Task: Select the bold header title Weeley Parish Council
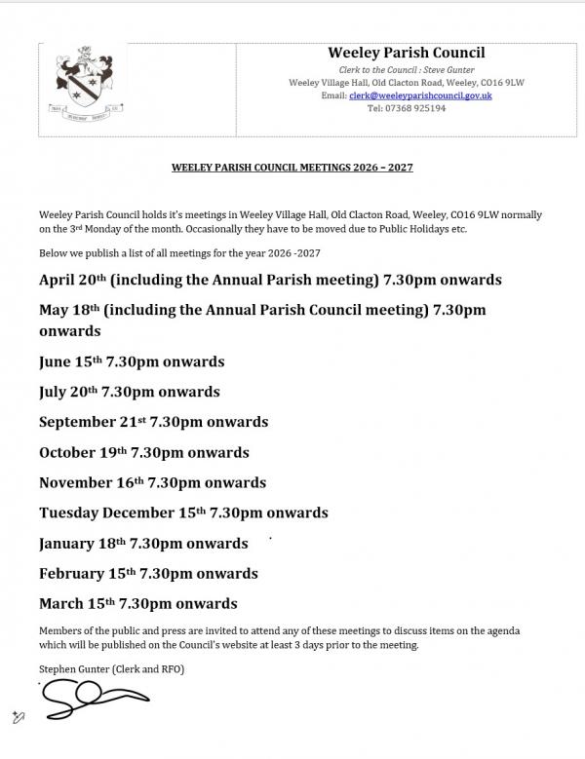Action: click(407, 53)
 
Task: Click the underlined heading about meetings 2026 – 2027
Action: click(292, 168)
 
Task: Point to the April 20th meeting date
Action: click(72, 280)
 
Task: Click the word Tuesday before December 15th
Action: click(71, 512)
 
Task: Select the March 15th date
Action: click(74, 603)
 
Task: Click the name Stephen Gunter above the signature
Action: click(73, 668)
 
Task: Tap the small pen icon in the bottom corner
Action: click(18, 717)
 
